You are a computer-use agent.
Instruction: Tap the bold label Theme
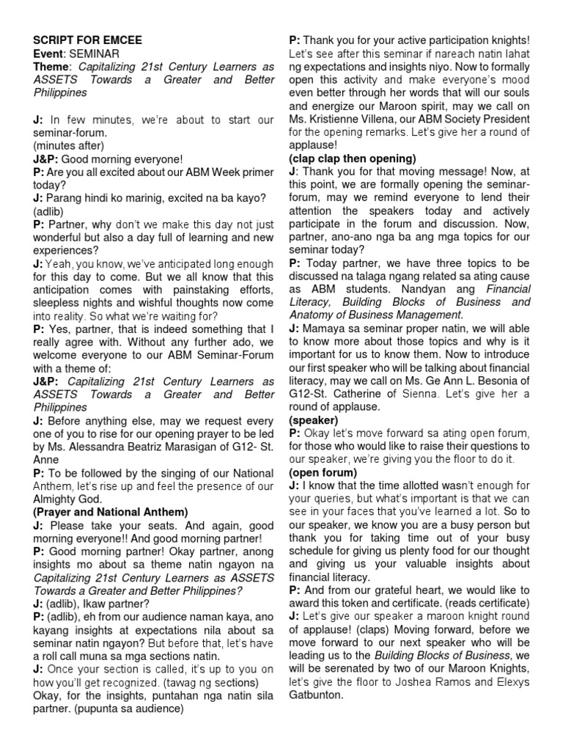(x=51, y=67)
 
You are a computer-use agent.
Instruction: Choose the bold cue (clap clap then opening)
(x=353, y=158)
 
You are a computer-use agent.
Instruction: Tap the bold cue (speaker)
(x=313, y=420)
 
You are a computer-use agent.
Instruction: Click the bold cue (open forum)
(x=323, y=472)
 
